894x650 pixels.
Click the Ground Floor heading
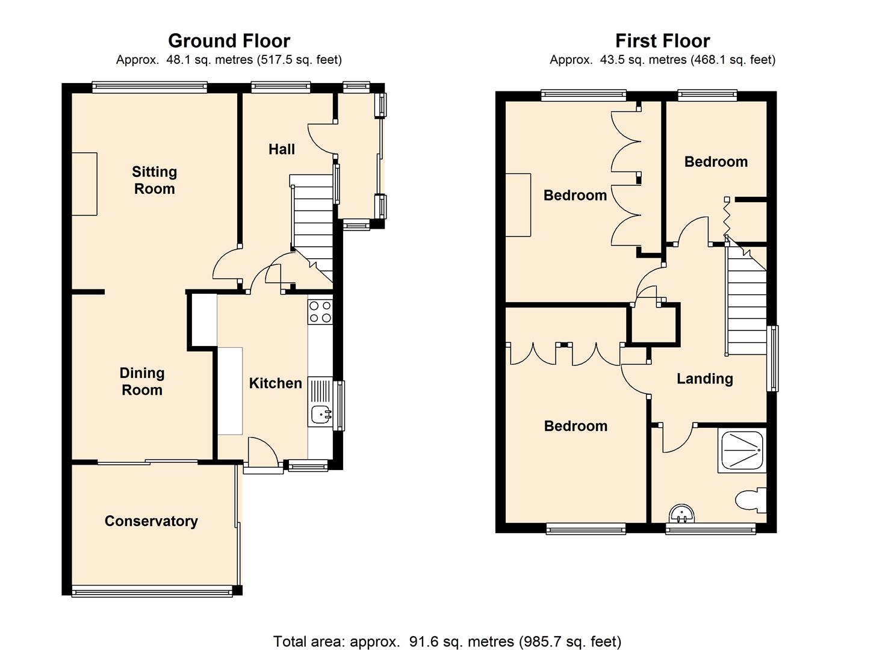(x=229, y=41)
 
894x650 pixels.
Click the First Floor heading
(x=662, y=41)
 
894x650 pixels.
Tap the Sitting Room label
(x=155, y=180)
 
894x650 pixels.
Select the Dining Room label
(x=142, y=381)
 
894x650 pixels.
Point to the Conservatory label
(x=151, y=521)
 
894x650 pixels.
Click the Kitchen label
(x=275, y=383)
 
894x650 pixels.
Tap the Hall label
(x=282, y=149)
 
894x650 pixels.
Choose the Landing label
(x=705, y=379)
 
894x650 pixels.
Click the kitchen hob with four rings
(x=320, y=312)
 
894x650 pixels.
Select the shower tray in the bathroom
(x=742, y=451)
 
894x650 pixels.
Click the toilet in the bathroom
(x=751, y=500)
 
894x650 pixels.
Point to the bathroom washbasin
(x=682, y=514)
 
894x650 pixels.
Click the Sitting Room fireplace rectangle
(x=85, y=184)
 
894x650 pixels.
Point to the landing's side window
(x=773, y=358)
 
